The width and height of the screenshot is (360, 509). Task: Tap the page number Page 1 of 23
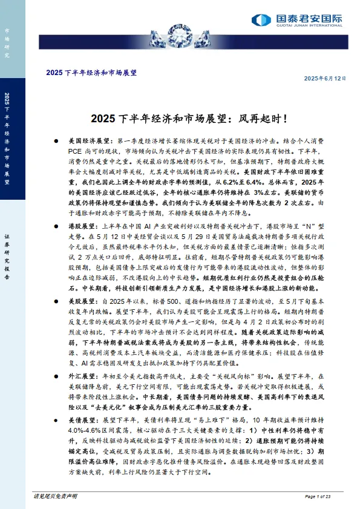pyautogui.click(x=330, y=496)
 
